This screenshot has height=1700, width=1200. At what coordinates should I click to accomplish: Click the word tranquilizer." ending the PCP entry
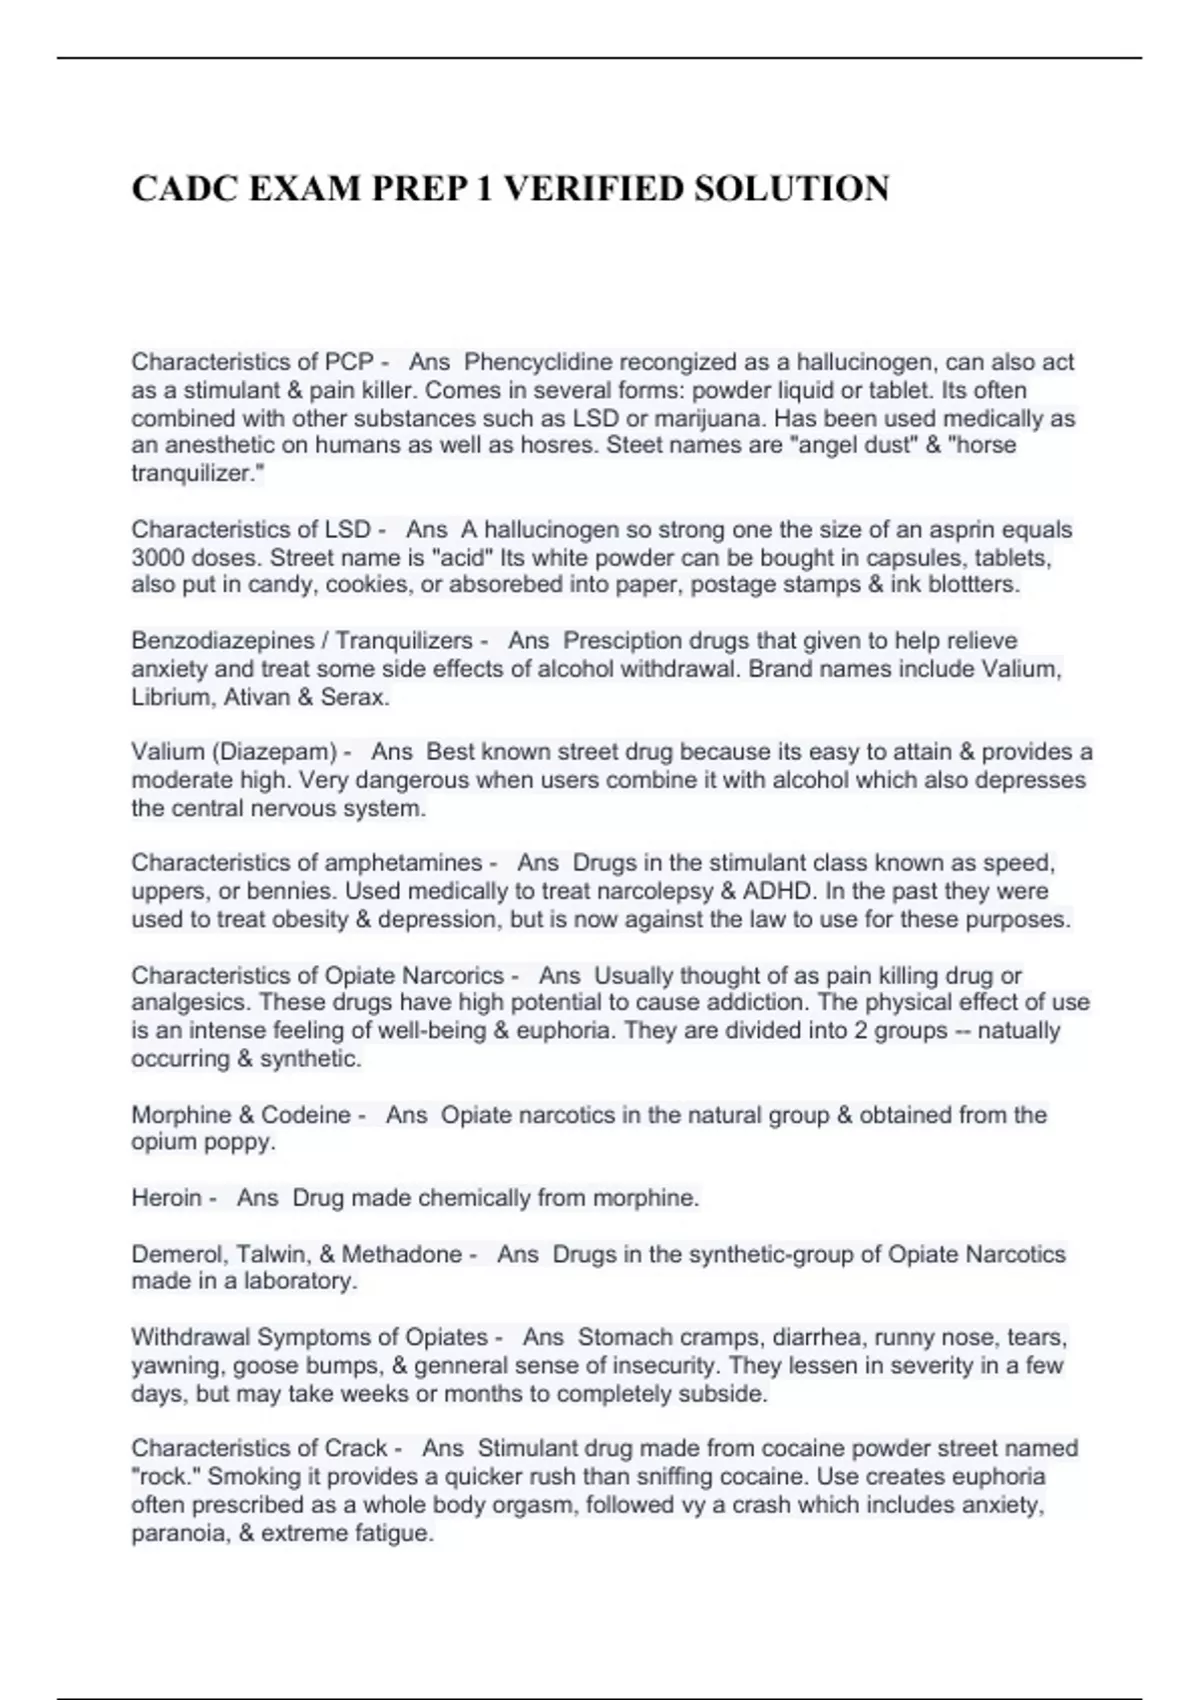191,474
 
